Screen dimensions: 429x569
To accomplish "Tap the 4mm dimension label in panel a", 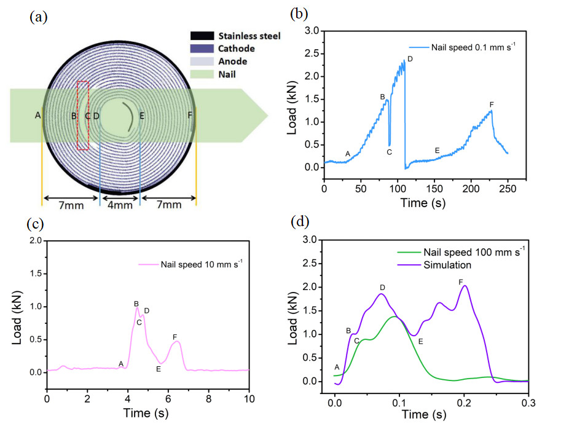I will (120, 205).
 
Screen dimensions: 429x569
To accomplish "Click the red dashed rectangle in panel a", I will (82, 114).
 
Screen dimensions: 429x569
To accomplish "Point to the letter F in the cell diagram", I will (190, 115).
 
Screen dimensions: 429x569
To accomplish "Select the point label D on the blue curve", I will (409, 58).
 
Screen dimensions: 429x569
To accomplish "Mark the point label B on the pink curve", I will (136, 304).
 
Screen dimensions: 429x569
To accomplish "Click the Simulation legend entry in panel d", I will (447, 266).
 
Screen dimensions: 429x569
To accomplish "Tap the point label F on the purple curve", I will (461, 281).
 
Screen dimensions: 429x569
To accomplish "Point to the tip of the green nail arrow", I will (268, 115).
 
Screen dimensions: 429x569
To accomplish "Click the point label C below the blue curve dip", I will (389, 152).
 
